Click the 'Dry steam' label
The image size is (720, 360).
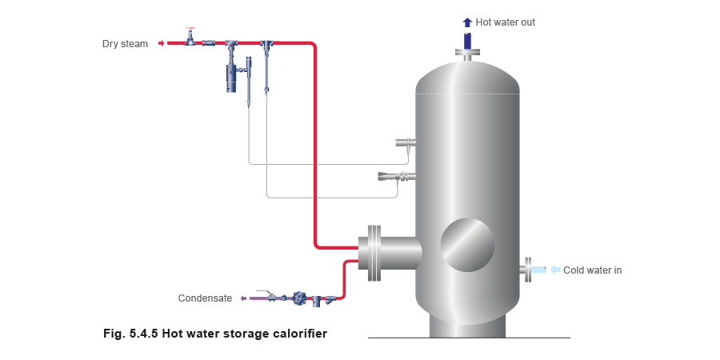click(124, 43)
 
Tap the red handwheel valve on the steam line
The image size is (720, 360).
click(190, 37)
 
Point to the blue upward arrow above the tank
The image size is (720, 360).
click(468, 22)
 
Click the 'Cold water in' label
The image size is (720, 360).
click(594, 270)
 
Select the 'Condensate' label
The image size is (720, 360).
click(210, 298)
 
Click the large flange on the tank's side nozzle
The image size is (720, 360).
click(373, 253)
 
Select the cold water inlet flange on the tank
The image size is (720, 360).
click(529, 270)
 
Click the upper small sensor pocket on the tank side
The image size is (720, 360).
click(406, 144)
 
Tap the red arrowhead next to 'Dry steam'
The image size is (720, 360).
click(162, 42)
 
